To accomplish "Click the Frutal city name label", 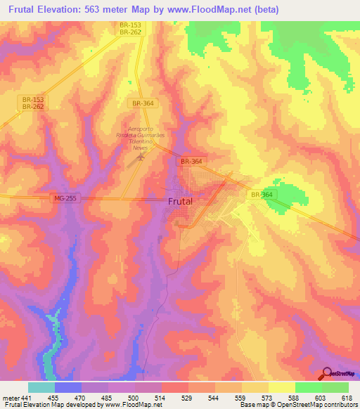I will point(181,201).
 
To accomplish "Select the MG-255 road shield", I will point(65,200).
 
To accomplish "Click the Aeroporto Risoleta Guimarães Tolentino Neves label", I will point(139,138).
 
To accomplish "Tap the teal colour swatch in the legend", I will point(41,387).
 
